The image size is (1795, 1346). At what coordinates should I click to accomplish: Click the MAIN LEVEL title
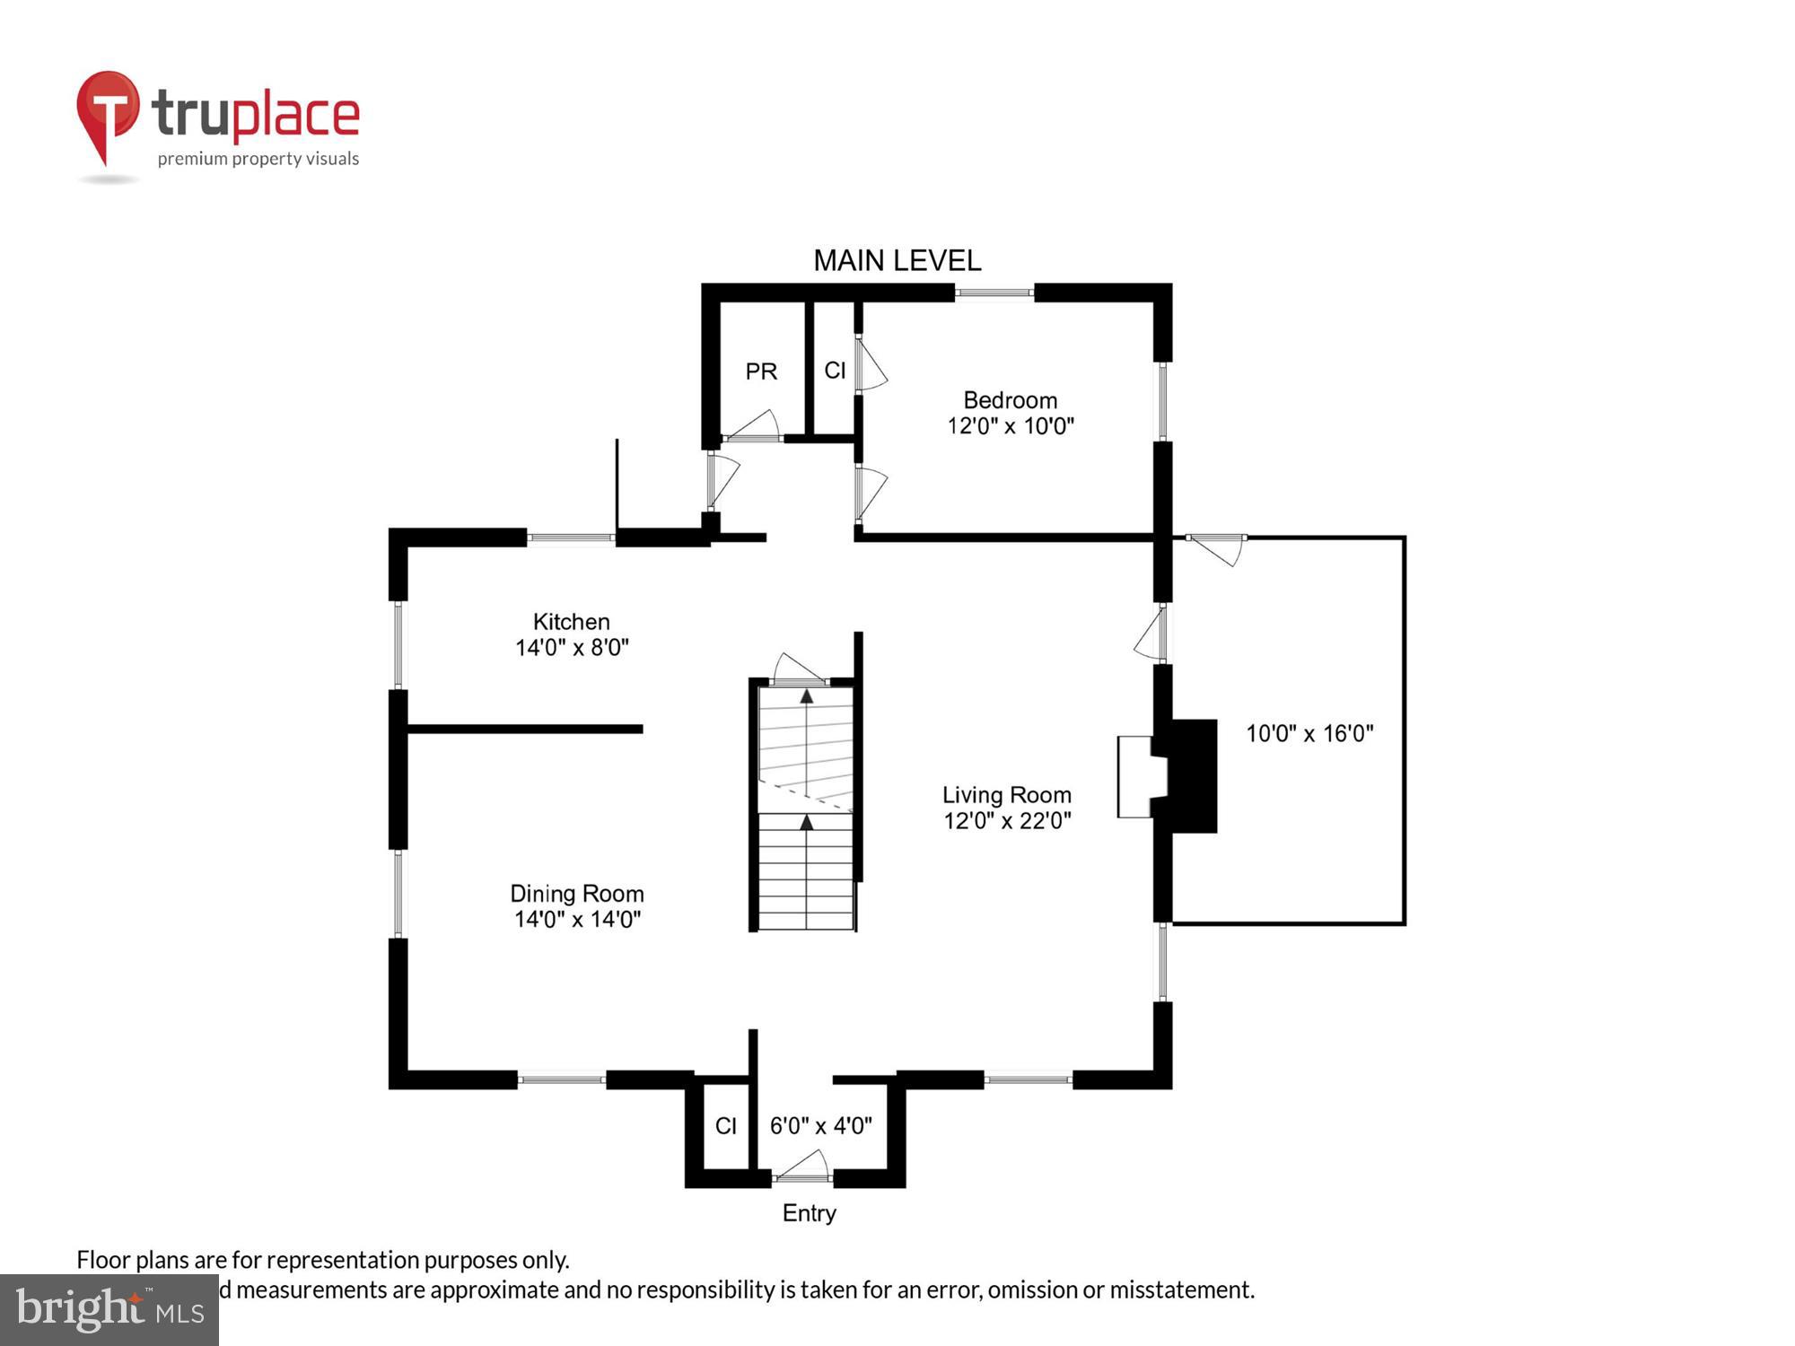(x=897, y=261)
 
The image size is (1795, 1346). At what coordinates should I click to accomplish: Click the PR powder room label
(x=761, y=371)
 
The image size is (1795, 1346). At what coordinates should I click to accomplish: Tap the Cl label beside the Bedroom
(x=835, y=371)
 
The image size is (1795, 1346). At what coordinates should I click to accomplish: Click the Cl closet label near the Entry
(x=725, y=1126)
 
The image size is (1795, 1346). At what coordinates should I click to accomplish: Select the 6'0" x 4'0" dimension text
(x=820, y=1126)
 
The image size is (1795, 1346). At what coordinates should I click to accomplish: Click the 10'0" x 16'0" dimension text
(x=1309, y=734)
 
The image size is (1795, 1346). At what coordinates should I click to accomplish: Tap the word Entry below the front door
(x=809, y=1213)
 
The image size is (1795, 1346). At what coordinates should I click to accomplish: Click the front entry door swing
(x=802, y=1166)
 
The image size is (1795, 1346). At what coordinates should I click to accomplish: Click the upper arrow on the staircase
(x=806, y=696)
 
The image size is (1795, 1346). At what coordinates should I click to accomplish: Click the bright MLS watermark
(x=109, y=1310)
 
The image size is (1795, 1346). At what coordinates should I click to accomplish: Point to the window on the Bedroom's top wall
(x=994, y=293)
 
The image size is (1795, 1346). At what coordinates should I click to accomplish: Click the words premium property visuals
(x=258, y=160)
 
